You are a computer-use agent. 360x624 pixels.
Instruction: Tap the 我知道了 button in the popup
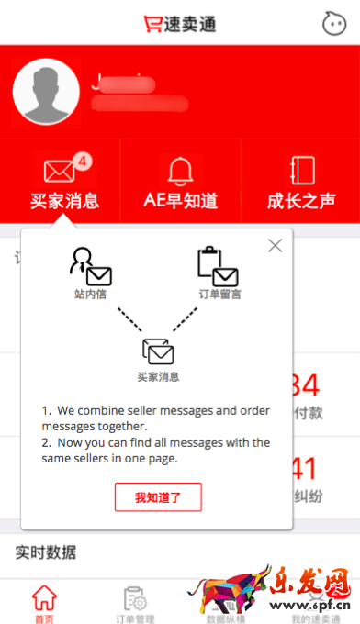click(158, 497)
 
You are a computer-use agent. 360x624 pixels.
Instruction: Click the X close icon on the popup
click(275, 245)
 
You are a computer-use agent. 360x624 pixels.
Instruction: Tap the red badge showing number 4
click(83, 162)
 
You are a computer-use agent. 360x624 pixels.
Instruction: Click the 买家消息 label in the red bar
click(64, 201)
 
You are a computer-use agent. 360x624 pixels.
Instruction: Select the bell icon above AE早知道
click(180, 170)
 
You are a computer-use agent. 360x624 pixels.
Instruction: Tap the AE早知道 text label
click(181, 201)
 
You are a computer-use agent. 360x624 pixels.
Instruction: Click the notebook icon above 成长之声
click(302, 170)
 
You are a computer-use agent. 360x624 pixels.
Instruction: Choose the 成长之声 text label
click(301, 201)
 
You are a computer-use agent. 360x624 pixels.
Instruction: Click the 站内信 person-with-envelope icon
click(90, 267)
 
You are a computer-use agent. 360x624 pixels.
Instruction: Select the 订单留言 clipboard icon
click(218, 267)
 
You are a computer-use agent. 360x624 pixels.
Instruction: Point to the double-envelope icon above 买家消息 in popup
click(158, 351)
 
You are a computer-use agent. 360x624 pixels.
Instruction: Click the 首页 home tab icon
click(44, 597)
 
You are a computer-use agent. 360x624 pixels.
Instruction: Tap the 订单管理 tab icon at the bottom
click(135, 597)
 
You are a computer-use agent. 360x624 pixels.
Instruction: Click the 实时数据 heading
click(45, 552)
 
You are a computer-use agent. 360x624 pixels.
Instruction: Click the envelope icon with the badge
click(60, 171)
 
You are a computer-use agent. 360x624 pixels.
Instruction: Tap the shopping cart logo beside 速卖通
click(152, 23)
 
